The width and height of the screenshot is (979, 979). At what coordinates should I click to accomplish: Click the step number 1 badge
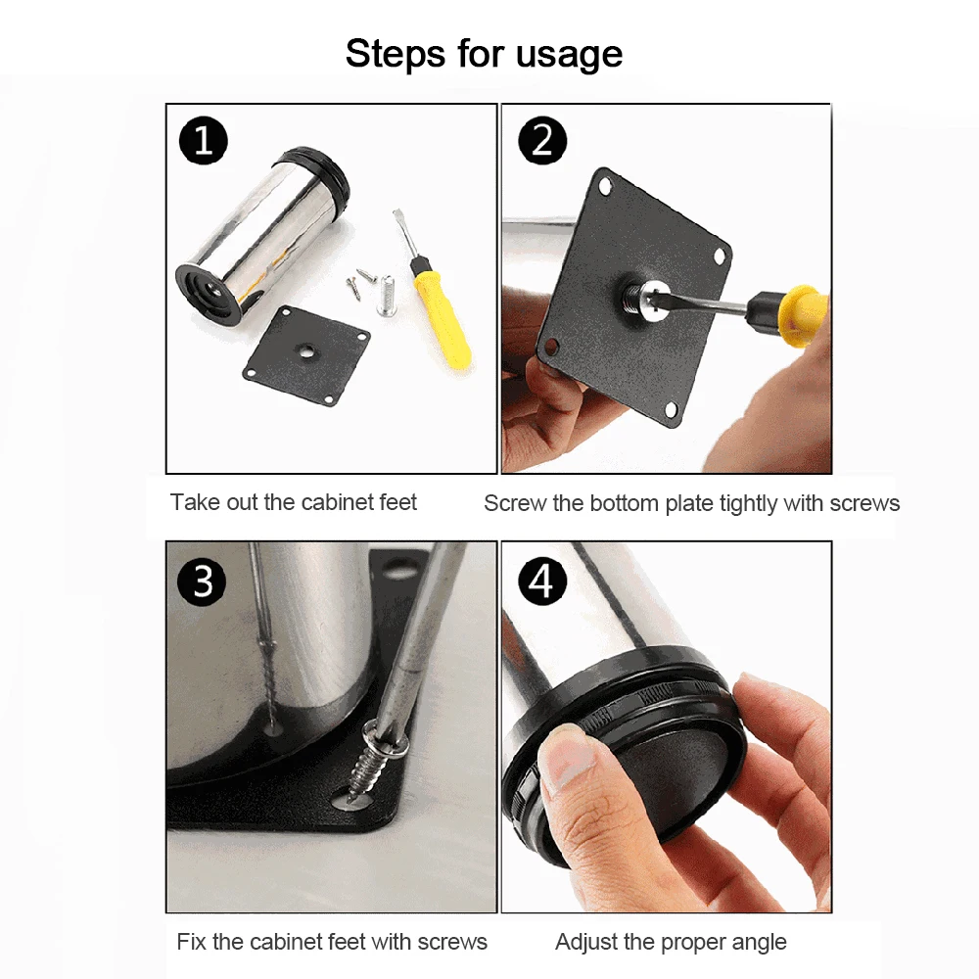[x=203, y=140]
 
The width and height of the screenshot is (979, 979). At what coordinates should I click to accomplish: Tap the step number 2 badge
[x=542, y=140]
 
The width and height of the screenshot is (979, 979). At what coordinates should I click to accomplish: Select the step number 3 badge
[x=203, y=582]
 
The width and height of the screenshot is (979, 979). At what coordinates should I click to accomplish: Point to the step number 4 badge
[x=542, y=582]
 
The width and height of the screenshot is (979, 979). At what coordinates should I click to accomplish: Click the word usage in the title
[x=569, y=54]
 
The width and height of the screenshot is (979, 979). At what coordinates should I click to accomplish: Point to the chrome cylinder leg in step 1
[x=262, y=235]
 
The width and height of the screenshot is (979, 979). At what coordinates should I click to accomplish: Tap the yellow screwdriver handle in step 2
[x=806, y=314]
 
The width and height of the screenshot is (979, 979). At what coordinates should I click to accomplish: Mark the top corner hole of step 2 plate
[x=604, y=185]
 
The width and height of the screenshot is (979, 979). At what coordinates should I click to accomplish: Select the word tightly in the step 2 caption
[x=749, y=503]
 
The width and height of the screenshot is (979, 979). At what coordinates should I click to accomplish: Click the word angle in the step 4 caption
[x=756, y=943]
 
